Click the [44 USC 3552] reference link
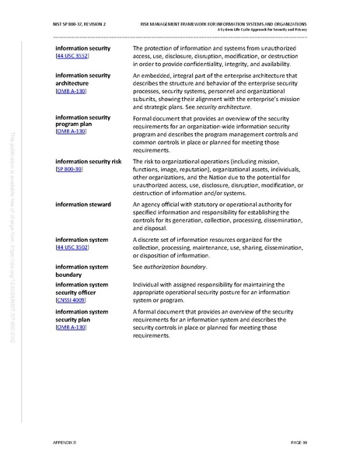tap(70, 58)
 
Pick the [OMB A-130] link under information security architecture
tap(71, 92)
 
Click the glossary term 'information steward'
tap(83, 204)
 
